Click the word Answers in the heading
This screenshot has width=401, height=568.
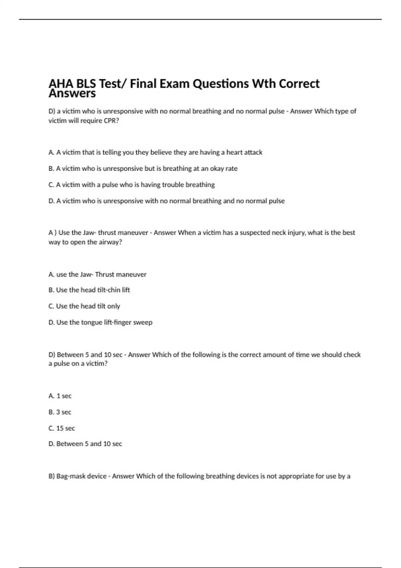(x=72, y=94)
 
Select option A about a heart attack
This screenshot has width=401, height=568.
(x=155, y=152)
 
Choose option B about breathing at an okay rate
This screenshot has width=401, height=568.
(x=143, y=169)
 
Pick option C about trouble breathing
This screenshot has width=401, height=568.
(x=132, y=185)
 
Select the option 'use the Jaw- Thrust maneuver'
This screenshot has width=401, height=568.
(x=98, y=275)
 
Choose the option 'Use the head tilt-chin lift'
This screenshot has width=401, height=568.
(x=89, y=290)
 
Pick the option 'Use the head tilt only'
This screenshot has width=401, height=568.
(x=84, y=306)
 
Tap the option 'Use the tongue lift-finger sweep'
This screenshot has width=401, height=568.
(x=101, y=322)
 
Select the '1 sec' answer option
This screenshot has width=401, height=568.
(x=60, y=396)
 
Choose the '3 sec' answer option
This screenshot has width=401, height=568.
(x=60, y=412)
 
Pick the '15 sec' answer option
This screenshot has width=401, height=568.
(x=62, y=428)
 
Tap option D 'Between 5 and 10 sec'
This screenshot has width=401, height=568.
(x=85, y=444)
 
